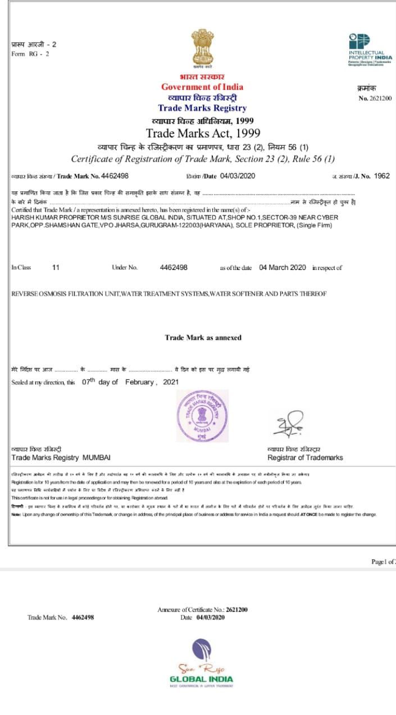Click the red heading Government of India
(202, 87)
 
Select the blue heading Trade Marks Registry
(202, 108)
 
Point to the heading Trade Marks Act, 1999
(203, 133)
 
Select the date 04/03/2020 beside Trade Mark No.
(238, 176)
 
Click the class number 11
(56, 268)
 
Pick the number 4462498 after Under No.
(174, 268)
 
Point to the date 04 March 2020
(283, 268)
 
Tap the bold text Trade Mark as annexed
(203, 338)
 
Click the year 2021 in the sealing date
(171, 382)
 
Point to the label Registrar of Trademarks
(305, 458)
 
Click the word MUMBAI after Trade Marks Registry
(97, 458)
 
